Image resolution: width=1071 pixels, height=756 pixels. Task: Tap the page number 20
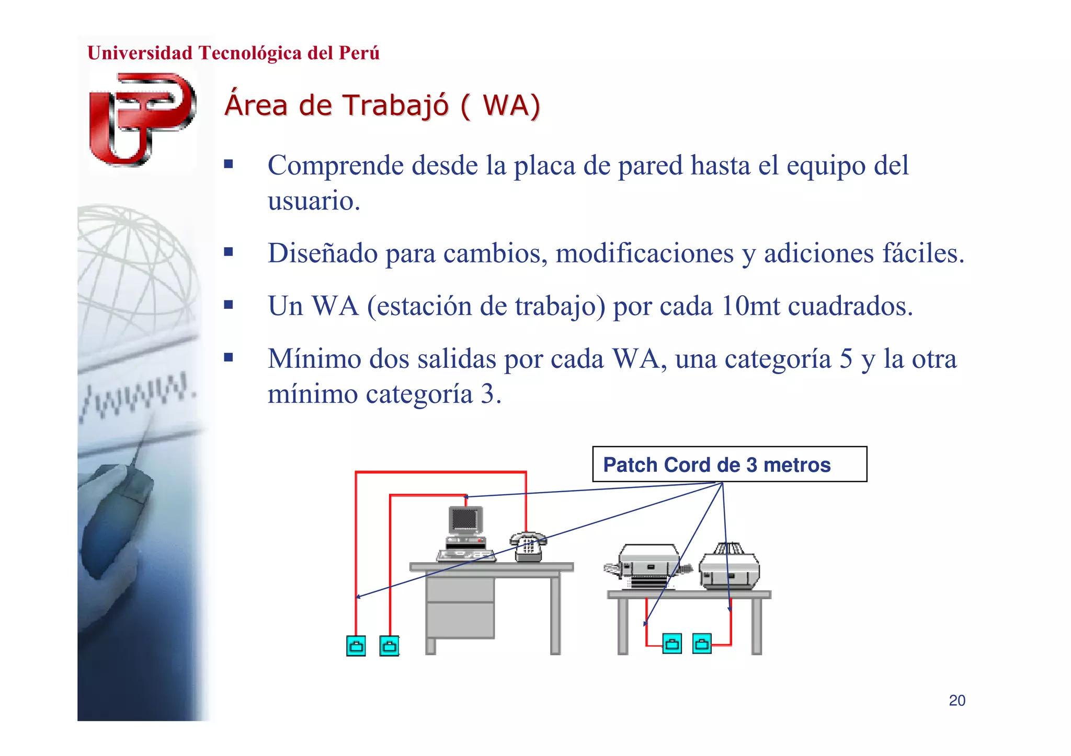point(956,700)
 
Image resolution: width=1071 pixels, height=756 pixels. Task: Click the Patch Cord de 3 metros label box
point(729,464)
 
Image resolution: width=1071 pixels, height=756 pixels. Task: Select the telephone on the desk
point(528,547)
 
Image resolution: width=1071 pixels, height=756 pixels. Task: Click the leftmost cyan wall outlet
point(356,646)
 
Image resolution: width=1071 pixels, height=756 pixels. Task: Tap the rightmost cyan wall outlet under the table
point(702,644)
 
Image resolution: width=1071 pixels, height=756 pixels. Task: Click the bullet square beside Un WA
point(229,305)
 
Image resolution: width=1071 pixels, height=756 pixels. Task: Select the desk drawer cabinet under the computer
point(460,608)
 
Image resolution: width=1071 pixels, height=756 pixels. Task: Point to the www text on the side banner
point(138,398)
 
